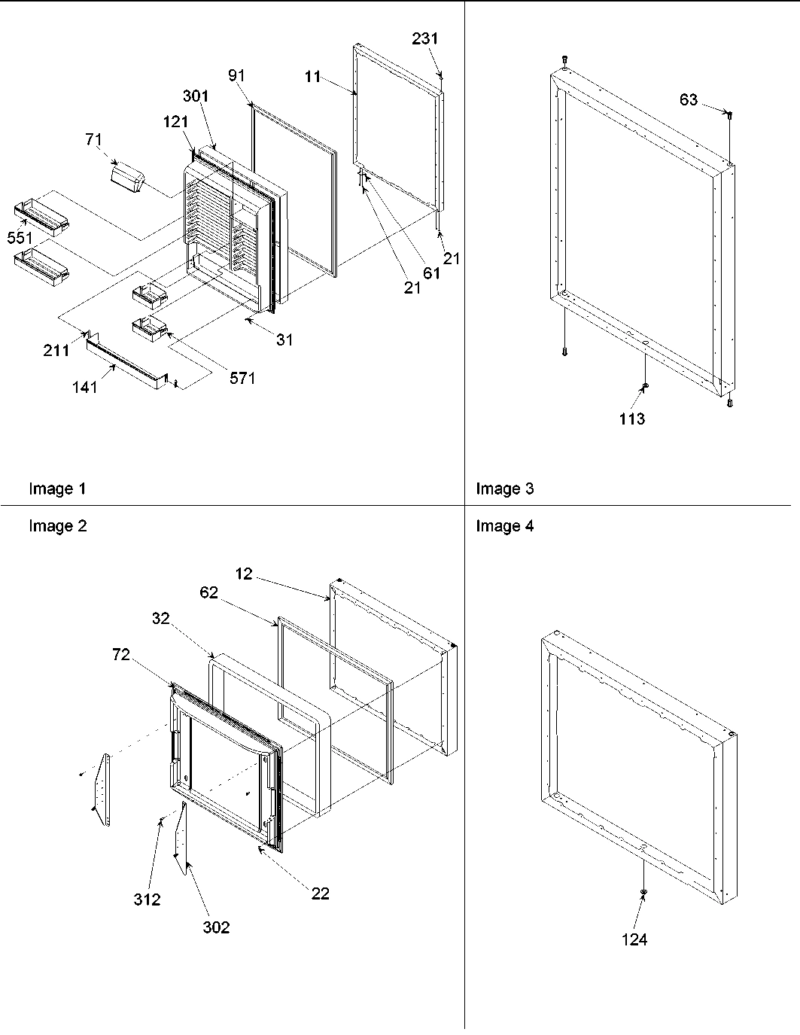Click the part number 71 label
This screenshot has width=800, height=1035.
[94, 139]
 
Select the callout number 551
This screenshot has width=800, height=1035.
[20, 238]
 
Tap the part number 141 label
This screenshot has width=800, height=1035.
[85, 387]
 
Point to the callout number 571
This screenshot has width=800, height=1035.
[242, 378]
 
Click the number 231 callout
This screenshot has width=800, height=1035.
[425, 38]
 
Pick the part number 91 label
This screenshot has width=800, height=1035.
[237, 75]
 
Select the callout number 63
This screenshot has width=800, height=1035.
[688, 99]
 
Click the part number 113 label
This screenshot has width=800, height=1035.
[632, 419]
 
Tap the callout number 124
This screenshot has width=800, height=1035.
[634, 939]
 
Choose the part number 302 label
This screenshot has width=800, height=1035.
[215, 927]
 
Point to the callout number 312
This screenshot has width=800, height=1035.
[148, 899]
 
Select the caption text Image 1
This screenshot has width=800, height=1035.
[57, 489]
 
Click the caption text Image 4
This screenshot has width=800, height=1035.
[504, 526]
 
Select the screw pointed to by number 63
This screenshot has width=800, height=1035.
[729, 114]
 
